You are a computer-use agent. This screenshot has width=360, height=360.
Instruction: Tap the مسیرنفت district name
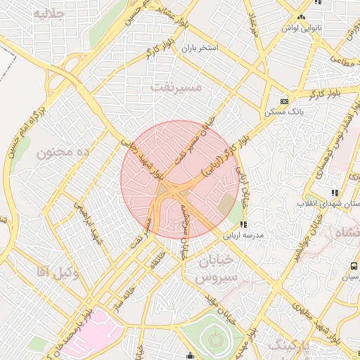176,87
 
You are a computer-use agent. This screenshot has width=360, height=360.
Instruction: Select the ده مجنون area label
64,152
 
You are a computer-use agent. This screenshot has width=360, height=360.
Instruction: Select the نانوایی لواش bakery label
302,27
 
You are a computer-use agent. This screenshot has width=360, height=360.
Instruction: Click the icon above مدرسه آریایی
243,224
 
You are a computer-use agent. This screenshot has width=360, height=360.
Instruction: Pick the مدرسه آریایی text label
243,235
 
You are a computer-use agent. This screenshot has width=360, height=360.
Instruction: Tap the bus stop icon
353,266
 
